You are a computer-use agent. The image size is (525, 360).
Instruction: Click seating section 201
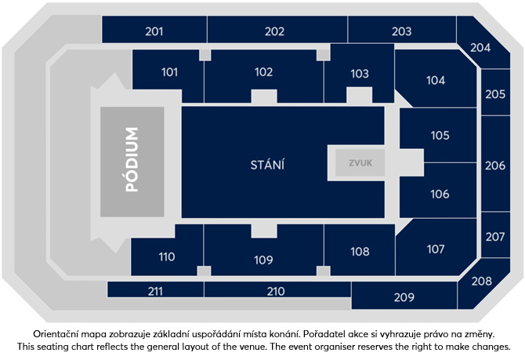(154, 31)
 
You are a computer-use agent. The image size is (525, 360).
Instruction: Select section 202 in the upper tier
(274, 31)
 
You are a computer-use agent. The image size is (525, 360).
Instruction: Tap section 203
(401, 31)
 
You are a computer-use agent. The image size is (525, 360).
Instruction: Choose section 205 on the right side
(494, 93)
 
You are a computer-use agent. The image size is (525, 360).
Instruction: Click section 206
(494, 165)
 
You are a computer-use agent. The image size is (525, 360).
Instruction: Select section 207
(494, 236)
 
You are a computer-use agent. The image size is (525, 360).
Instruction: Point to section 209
(404, 296)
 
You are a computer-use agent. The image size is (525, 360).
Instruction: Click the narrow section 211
(154, 291)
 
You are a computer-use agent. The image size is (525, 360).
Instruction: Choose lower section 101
(169, 72)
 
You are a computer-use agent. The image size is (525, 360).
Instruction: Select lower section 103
(359, 73)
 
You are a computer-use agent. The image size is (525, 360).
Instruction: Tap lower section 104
(436, 80)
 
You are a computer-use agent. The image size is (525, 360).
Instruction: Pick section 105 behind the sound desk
(440, 135)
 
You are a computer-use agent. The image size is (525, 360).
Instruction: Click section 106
(440, 194)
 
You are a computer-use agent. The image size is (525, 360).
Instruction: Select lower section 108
(360, 251)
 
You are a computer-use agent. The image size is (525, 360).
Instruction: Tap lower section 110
(166, 256)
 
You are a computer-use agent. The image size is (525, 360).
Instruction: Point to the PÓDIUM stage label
(132, 161)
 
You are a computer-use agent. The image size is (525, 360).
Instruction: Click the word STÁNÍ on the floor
(266, 165)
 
